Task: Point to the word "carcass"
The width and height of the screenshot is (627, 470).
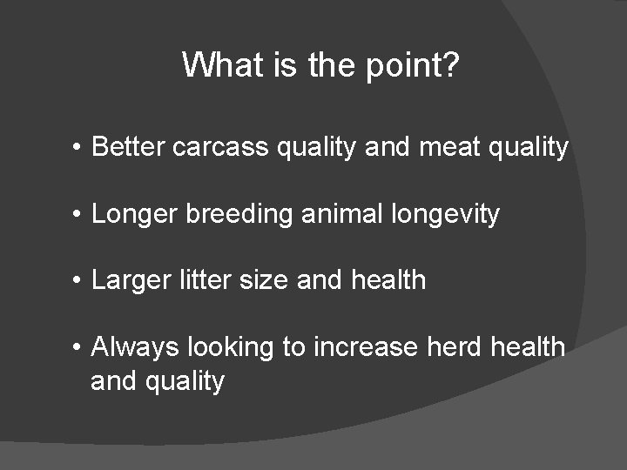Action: (221, 148)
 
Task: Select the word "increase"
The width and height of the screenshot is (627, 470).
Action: (366, 347)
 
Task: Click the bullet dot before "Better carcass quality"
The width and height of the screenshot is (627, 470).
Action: (78, 148)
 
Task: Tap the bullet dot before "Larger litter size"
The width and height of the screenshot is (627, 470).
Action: (78, 281)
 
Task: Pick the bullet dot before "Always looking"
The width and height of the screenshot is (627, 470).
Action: (78, 348)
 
